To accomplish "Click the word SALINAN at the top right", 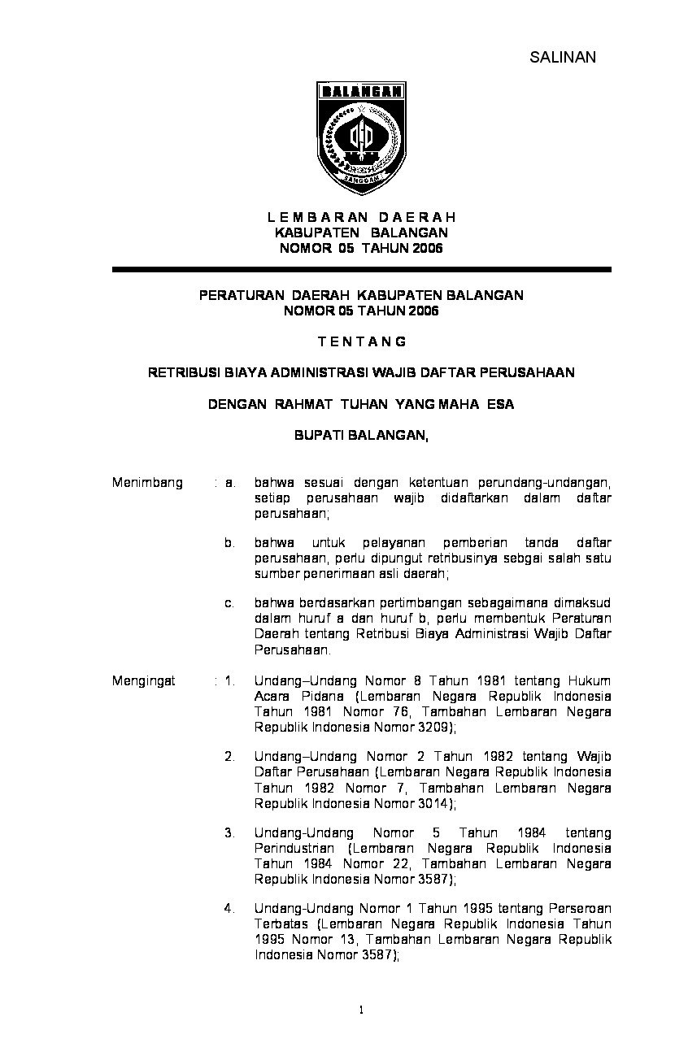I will pyautogui.click(x=563, y=57).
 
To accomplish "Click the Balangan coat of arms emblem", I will pyautogui.click(x=361, y=134).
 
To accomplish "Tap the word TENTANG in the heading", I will pyautogui.click(x=361, y=341).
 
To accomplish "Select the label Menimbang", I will pyautogui.click(x=147, y=483).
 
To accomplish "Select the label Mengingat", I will pyautogui.click(x=144, y=681).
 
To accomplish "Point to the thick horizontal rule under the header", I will pyautogui.click(x=361, y=269).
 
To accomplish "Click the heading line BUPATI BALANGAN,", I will pyautogui.click(x=361, y=436).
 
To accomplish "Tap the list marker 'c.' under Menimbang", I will pyautogui.click(x=230, y=604).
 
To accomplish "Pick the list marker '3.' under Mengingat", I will pyautogui.click(x=230, y=833).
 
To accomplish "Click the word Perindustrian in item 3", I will pyautogui.click(x=294, y=849).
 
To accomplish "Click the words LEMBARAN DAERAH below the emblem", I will pyautogui.click(x=361, y=218).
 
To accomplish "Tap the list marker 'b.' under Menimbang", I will pyautogui.click(x=230, y=543).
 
